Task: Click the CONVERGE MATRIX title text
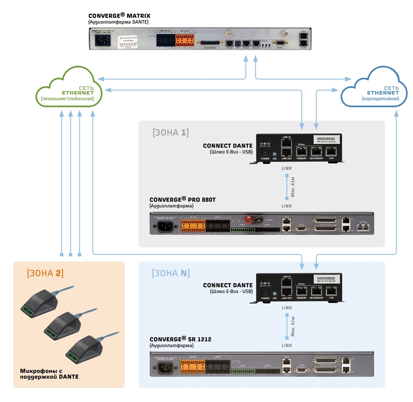coord(119,16)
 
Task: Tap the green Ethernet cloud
coord(69,90)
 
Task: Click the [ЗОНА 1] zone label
coord(171,133)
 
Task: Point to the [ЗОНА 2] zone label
coord(45,273)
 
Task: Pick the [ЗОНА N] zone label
coord(171,273)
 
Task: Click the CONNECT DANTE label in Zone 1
coord(227,146)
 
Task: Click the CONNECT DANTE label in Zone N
coord(227,285)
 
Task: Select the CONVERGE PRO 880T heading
coord(182,200)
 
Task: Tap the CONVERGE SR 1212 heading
coord(180,339)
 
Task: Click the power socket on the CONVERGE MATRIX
coord(101,41)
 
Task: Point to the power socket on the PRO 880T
coord(165,226)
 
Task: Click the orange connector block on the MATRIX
coord(185,40)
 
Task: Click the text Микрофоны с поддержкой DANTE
coord(49,374)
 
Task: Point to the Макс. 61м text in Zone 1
coord(293,187)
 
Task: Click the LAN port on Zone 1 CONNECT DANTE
coord(331,152)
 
